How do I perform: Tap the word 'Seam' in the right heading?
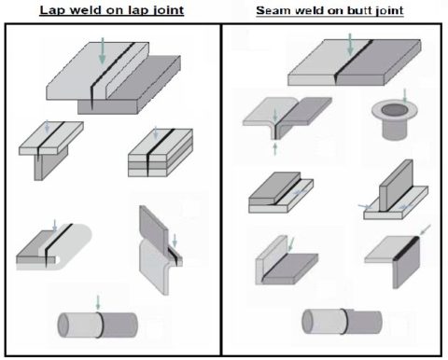pyautogui.click(x=271, y=11)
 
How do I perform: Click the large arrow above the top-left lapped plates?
pyautogui.click(x=102, y=51)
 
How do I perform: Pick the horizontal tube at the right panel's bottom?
pyautogui.click(x=342, y=323)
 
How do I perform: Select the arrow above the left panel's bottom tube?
pyautogui.click(x=98, y=302)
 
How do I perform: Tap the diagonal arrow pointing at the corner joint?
pyautogui.click(x=425, y=228)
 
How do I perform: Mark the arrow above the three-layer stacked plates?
pyautogui.click(x=156, y=133)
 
